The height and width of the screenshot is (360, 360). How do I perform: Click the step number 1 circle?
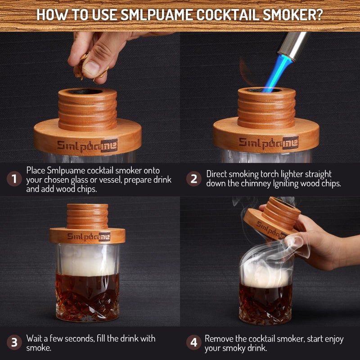(14, 179)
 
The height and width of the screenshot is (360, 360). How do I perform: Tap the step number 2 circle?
(194, 179)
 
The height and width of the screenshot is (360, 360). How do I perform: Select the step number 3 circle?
(14, 342)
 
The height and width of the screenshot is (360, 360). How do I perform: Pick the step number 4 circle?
(194, 342)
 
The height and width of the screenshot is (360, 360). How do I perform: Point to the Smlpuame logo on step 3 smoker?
(88, 236)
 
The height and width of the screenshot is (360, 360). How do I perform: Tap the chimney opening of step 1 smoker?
(87, 91)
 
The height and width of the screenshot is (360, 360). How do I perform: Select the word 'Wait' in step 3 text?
(35, 338)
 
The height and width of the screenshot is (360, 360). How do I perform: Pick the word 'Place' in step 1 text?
(36, 171)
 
